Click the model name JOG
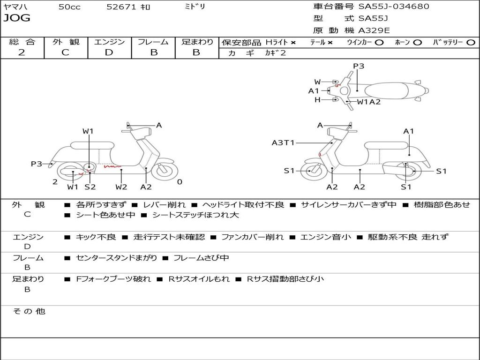(17, 18)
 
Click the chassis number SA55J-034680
(394, 7)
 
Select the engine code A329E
(374, 30)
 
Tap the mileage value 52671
(121, 7)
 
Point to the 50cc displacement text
(69, 7)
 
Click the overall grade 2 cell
(22, 52)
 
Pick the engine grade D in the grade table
(109, 52)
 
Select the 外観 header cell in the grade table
(66, 42)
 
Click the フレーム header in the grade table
(153, 42)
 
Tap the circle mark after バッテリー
(471, 42)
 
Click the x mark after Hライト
(293, 42)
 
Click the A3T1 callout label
(283, 143)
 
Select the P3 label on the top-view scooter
(359, 66)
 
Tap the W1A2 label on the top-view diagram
(368, 102)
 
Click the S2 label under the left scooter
(90, 187)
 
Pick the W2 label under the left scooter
(121, 187)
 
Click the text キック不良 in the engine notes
(96, 237)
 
